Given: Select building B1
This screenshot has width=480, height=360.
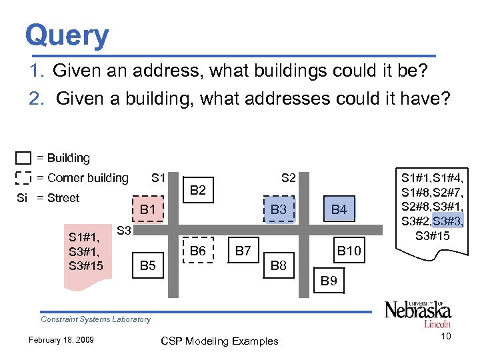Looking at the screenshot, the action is point(147,210).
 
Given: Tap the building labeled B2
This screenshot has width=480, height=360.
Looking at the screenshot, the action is point(198,191).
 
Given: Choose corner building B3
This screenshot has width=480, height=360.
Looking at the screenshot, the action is point(279,210).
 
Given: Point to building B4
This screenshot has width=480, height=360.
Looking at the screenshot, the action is point(339,210).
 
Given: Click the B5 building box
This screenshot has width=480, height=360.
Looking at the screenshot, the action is point(147,267).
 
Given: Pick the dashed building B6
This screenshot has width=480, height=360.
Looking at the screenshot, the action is point(198,251).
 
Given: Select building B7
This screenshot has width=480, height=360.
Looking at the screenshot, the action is point(243,251).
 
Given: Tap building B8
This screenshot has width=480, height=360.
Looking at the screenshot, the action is point(279,267).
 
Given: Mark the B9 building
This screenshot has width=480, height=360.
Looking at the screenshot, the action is point(329,281).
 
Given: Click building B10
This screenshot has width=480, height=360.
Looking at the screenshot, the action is point(349,251).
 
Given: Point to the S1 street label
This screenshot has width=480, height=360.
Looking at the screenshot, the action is point(159,178).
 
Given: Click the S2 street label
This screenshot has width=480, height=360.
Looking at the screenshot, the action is point(289,178).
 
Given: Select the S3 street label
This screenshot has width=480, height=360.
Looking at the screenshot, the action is point(124,231).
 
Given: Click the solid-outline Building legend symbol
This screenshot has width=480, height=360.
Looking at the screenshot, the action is point(23,159).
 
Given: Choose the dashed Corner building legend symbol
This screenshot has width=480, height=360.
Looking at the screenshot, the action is point(23,178).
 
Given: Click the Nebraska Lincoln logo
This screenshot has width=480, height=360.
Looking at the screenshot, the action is point(417,313).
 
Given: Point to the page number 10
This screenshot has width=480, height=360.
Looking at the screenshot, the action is point(445,336).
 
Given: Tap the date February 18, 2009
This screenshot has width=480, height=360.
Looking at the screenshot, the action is point(60,341).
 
